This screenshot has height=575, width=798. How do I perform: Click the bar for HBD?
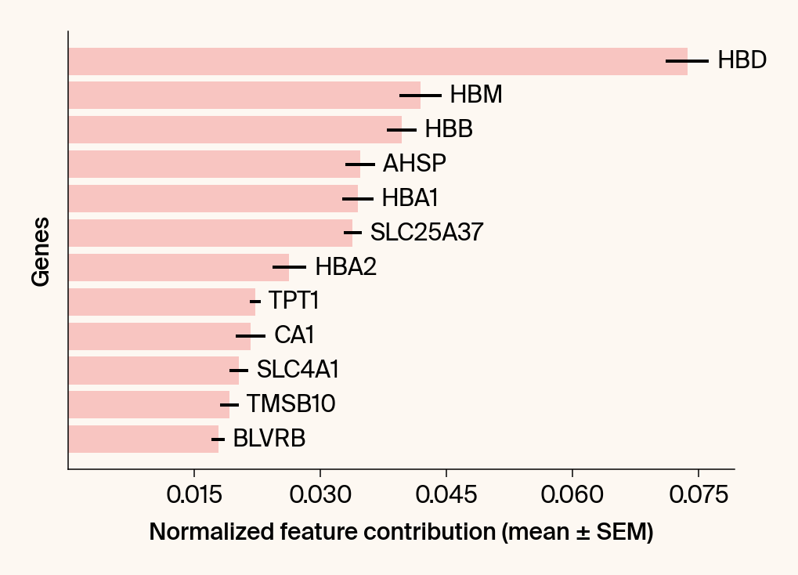(x=376, y=61)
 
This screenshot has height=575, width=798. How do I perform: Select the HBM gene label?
(x=475, y=96)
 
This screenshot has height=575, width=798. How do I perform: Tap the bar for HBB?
(x=235, y=130)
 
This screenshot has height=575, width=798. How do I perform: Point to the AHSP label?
(x=414, y=164)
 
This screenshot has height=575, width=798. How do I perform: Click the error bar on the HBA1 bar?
(x=358, y=199)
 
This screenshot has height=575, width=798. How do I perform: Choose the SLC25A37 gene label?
(x=426, y=233)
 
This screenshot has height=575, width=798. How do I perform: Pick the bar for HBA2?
(x=179, y=267)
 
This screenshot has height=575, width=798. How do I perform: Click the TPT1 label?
(x=294, y=302)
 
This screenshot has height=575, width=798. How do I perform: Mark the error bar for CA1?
(x=251, y=336)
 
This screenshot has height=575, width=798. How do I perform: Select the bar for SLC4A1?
(x=153, y=371)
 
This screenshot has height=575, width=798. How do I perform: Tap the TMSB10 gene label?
(x=291, y=405)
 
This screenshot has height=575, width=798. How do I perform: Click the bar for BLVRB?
(x=143, y=439)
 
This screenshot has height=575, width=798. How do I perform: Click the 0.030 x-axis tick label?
(x=320, y=496)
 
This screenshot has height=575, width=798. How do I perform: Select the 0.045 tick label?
(x=446, y=496)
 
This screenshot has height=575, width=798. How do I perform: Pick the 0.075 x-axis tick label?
(x=699, y=496)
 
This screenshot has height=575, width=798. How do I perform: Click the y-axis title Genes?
(x=42, y=251)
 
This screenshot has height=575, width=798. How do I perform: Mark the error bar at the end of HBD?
(x=687, y=61)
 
